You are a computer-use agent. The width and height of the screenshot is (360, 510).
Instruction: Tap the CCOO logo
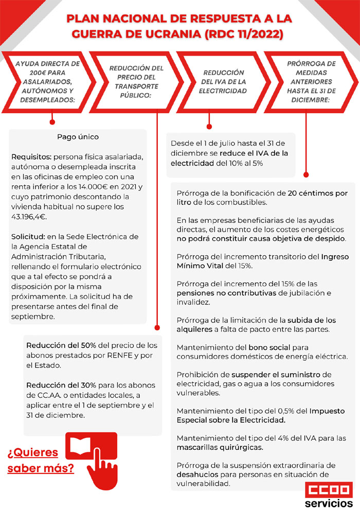point(328,489)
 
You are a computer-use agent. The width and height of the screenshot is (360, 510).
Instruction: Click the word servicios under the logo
point(328,502)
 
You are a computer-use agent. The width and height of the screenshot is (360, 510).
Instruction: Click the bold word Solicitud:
point(27,237)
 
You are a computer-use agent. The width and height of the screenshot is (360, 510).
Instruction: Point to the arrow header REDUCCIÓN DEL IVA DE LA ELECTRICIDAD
point(224,82)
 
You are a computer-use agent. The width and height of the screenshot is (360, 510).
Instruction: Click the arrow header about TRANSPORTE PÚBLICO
point(136,82)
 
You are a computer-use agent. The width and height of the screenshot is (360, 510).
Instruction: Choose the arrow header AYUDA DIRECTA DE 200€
point(47,82)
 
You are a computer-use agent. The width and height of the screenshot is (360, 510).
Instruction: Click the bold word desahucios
point(196,475)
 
